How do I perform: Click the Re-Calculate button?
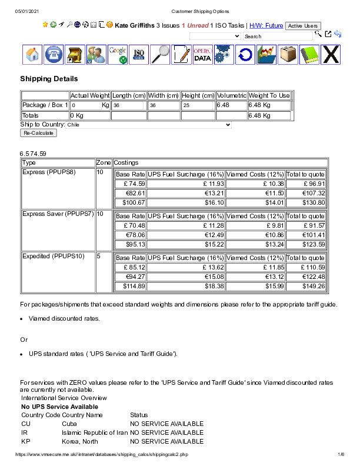tap(39, 133)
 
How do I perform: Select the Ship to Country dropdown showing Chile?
tap(149, 125)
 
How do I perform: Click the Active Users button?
tap(303, 26)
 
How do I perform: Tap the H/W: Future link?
tap(266, 26)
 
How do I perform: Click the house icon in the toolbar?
tap(33, 55)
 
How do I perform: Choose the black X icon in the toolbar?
tap(331, 55)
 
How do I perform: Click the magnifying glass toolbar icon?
tap(160, 55)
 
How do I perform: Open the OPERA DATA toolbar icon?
tap(202, 55)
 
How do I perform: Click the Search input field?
tap(277, 36)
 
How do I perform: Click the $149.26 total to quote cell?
tap(305, 286)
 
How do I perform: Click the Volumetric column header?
tap(231, 95)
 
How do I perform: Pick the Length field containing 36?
tap(128, 105)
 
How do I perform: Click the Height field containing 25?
tap(198, 105)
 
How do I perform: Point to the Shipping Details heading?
tap(49, 79)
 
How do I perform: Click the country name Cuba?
tap(69, 424)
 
